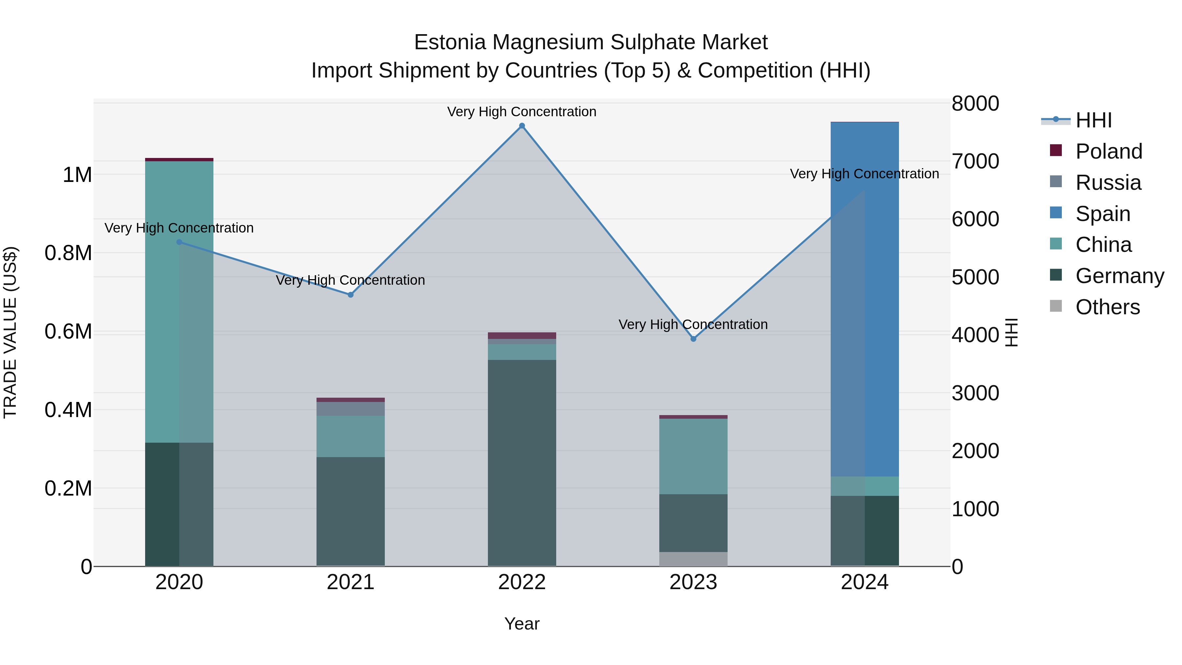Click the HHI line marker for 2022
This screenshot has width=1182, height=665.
coord(522,126)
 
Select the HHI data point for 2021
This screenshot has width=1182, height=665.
coord(351,295)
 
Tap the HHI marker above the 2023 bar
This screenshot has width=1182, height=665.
coord(693,339)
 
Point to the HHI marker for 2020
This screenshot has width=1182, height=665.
coord(179,242)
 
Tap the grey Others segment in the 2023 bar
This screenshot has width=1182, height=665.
coord(693,559)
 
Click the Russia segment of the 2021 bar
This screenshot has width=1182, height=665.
coord(351,409)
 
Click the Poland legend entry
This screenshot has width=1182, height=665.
coord(1108,151)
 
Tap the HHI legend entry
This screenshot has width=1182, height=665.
coord(1093,120)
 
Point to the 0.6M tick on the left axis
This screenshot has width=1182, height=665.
coord(68,331)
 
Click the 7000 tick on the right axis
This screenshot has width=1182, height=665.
coord(975,161)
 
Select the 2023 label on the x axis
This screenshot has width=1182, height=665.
coord(693,582)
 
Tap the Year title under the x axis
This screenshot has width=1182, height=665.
coord(522,624)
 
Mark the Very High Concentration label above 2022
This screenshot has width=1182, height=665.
coord(522,112)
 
